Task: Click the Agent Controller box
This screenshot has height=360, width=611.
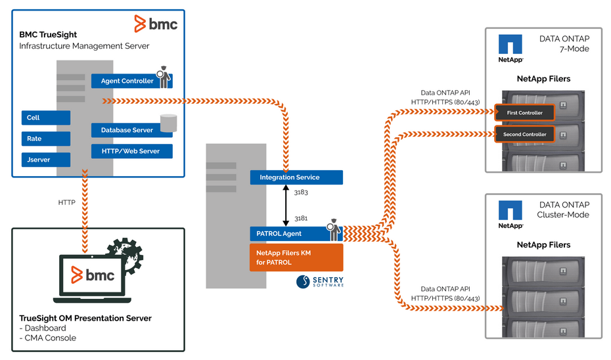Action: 127,81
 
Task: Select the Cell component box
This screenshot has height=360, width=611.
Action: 45,118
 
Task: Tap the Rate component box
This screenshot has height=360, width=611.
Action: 45,139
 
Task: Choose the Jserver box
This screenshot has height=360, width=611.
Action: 45,160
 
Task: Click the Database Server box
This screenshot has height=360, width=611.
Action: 127,130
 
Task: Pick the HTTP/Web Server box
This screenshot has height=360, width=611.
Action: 131,151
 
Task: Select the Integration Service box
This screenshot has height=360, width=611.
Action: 296,177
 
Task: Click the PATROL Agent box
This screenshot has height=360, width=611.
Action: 289,233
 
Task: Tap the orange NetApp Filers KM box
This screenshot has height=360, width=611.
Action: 296,258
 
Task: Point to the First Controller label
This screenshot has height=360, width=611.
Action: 524,113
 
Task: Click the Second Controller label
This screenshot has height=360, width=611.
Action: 524,135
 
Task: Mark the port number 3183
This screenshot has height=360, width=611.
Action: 302,192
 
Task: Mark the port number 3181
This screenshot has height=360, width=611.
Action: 302,217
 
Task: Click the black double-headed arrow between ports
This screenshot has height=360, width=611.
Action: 286,205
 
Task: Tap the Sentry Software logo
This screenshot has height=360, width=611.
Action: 319,281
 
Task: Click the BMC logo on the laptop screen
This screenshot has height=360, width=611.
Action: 92,275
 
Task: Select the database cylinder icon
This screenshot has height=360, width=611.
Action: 169,123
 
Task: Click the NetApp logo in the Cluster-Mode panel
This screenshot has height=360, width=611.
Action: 510,214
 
